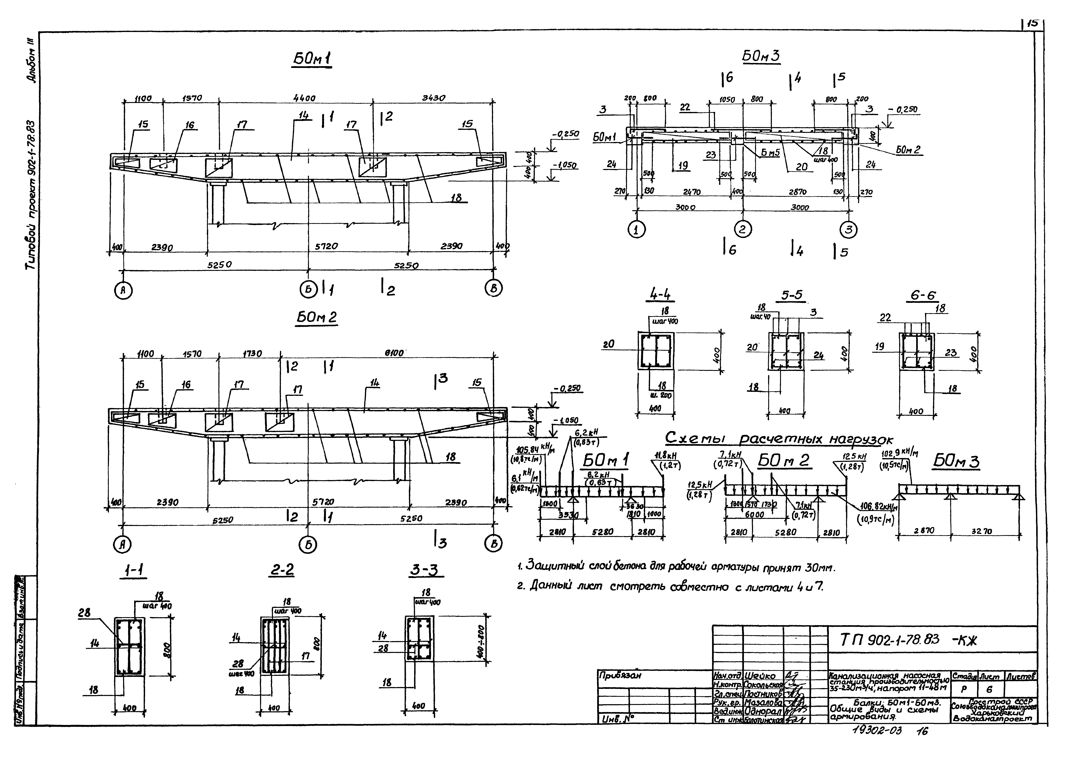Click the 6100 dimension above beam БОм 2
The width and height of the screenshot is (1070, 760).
(394, 353)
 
